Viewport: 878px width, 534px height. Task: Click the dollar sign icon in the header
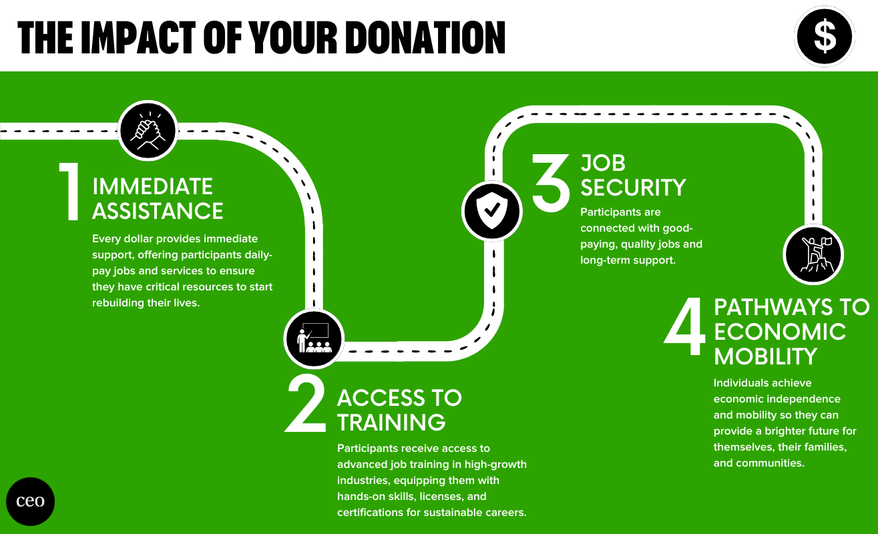[825, 36]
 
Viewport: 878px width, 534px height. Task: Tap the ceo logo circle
[30, 501]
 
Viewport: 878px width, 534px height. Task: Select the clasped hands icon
[148, 130]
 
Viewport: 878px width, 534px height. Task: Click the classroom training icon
[314, 338]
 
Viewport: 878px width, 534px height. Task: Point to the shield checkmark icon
[492, 211]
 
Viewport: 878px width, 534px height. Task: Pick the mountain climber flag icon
[813, 255]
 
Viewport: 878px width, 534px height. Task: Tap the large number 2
[305, 404]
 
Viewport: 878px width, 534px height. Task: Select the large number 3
[551, 183]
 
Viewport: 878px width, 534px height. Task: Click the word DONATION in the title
[426, 37]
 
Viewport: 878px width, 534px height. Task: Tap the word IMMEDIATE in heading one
[152, 186]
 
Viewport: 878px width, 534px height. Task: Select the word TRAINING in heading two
[391, 423]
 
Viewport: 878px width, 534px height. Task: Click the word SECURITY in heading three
[633, 188]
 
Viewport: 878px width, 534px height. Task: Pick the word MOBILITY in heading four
[766, 356]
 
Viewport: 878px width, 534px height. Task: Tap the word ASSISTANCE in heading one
[158, 211]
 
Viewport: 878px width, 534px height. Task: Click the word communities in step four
[770, 463]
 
